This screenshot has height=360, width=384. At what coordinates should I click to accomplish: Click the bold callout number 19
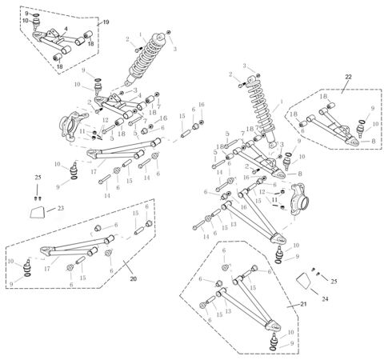(106, 22)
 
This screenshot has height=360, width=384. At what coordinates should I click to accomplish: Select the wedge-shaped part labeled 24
(304, 282)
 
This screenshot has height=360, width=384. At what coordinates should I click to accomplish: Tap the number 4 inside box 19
(66, 29)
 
